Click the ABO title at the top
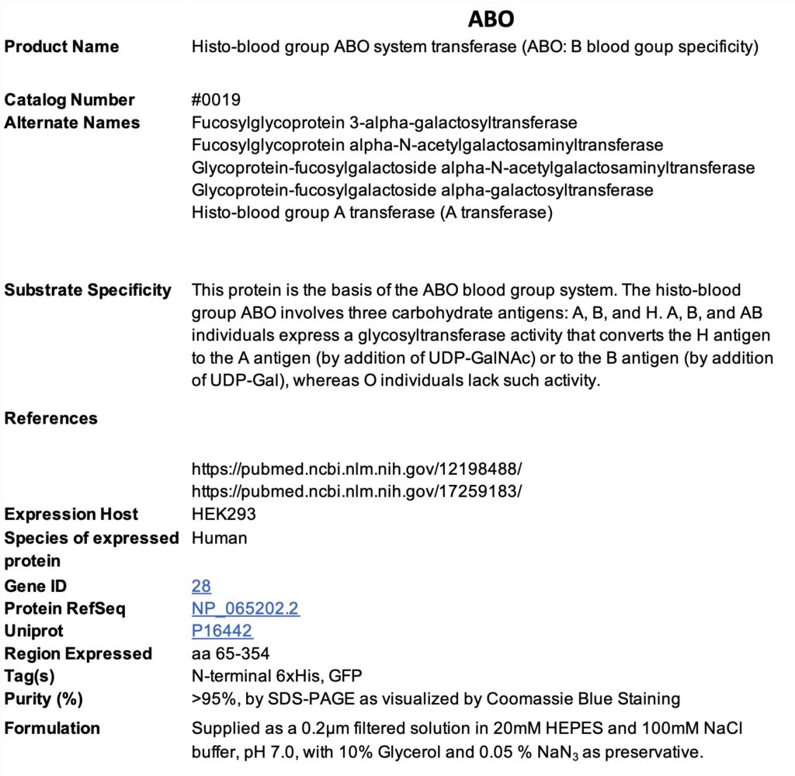(x=491, y=18)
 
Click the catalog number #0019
(x=216, y=100)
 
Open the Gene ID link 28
(x=201, y=586)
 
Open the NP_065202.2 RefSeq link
(x=245, y=608)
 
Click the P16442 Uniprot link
(x=222, y=631)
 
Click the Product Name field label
(x=62, y=47)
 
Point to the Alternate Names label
(x=72, y=123)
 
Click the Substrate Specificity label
(x=88, y=290)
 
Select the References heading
(x=51, y=418)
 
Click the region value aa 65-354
(x=231, y=653)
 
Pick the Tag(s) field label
(x=30, y=676)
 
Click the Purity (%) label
(x=43, y=698)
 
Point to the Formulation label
(x=52, y=728)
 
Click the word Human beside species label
(x=220, y=538)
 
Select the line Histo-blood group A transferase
(x=372, y=213)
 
